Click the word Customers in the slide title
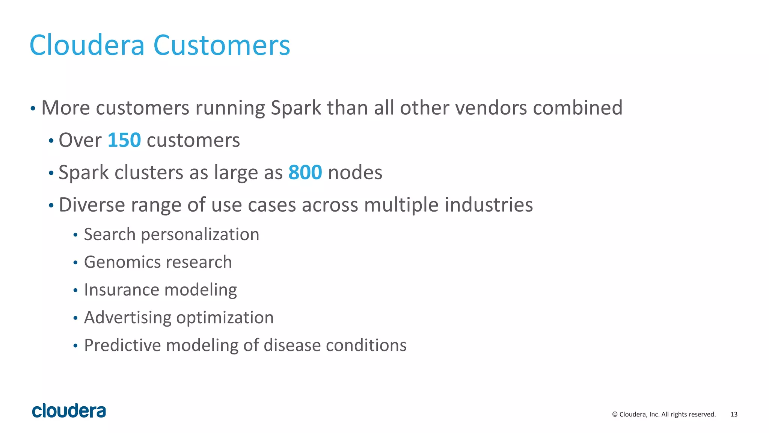click(x=222, y=45)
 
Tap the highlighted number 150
click(x=124, y=141)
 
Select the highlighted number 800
click(x=305, y=173)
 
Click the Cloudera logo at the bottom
click(x=69, y=411)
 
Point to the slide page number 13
click(x=734, y=415)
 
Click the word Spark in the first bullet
click(x=296, y=108)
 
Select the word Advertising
click(x=127, y=318)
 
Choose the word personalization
click(x=200, y=235)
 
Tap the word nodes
click(x=355, y=173)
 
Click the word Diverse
click(x=92, y=205)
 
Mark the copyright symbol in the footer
click(x=615, y=415)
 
